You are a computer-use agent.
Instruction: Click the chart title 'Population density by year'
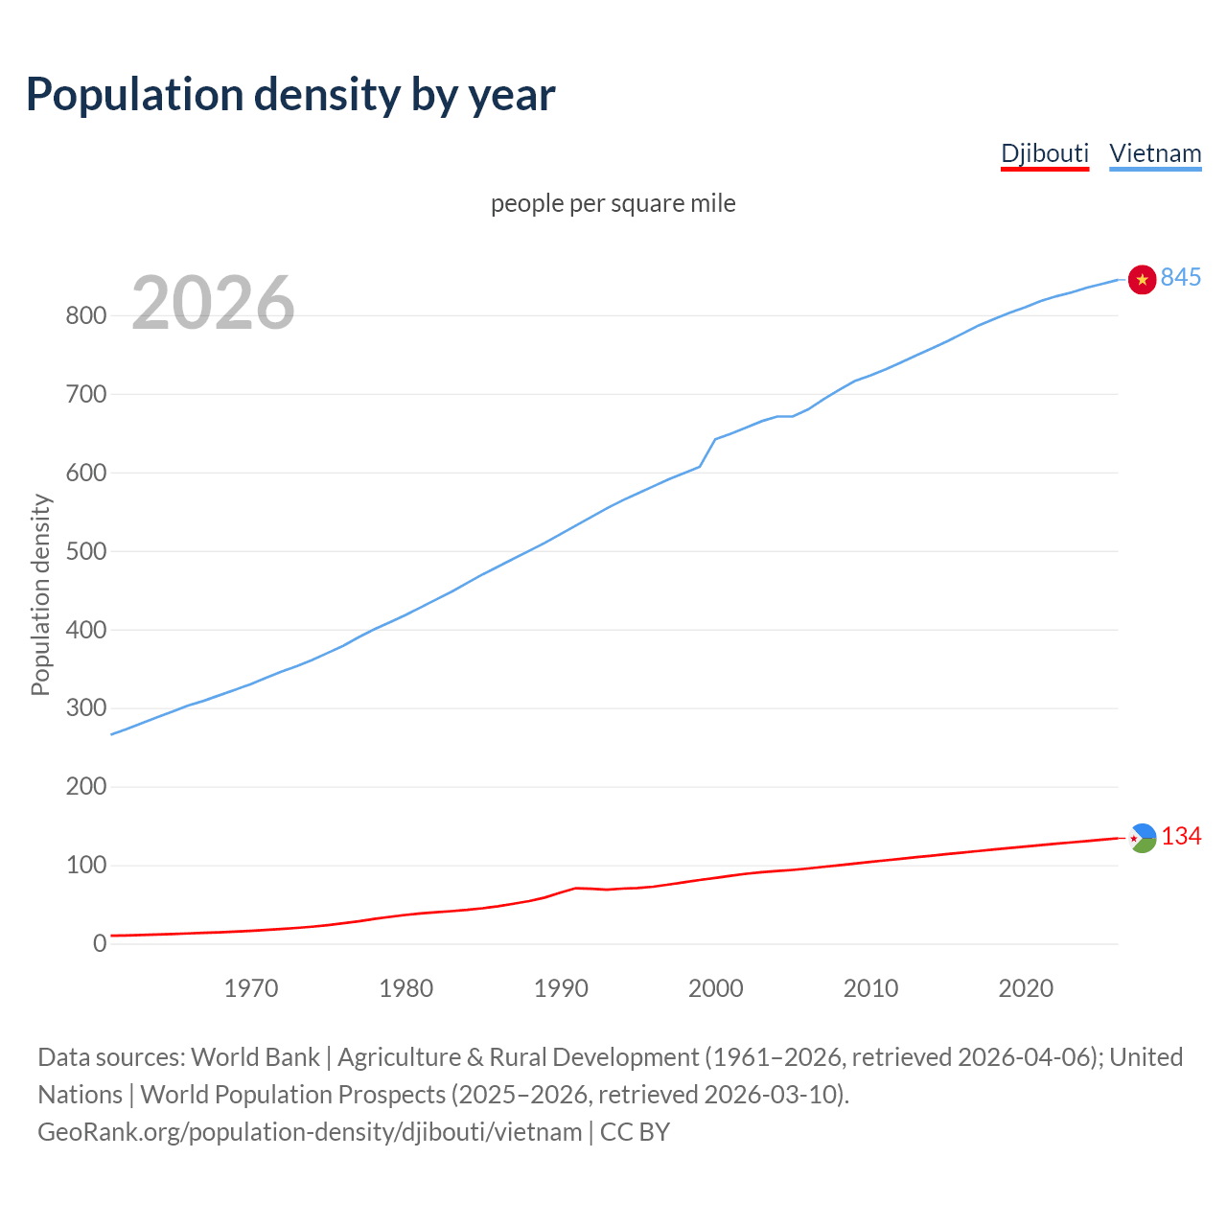(x=290, y=94)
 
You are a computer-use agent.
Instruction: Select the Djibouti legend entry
(x=1044, y=153)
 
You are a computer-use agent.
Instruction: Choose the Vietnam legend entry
(x=1155, y=153)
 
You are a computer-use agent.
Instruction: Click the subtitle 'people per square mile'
(x=613, y=203)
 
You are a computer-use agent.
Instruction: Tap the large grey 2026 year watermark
(x=213, y=303)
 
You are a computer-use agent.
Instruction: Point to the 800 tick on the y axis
(x=85, y=315)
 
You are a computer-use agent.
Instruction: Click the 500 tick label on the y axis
(x=85, y=551)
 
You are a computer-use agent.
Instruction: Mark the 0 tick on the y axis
(x=99, y=944)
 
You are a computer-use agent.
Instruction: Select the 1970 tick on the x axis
(x=251, y=988)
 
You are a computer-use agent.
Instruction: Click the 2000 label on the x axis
(x=716, y=988)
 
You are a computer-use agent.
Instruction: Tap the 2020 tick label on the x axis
(x=1026, y=988)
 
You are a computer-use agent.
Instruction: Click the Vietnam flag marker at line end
(x=1142, y=279)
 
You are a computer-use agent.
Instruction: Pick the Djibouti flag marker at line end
(x=1142, y=838)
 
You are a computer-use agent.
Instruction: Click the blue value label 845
(x=1180, y=277)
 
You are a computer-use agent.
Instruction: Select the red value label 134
(x=1181, y=837)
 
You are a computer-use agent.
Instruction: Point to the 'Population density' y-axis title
(x=40, y=594)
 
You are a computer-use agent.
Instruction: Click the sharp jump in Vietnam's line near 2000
(x=708, y=451)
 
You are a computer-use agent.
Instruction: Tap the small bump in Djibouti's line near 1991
(x=575, y=888)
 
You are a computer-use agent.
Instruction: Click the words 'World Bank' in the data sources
(x=255, y=1057)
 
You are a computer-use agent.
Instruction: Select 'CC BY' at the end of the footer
(x=635, y=1132)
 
